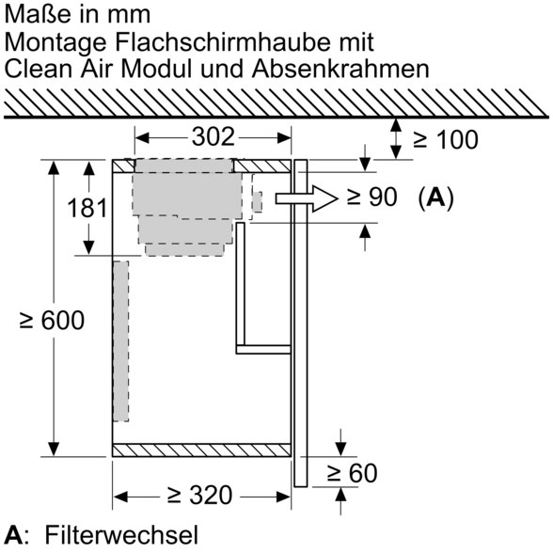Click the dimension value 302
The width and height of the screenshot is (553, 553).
(x=213, y=137)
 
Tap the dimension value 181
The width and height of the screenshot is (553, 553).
(x=87, y=208)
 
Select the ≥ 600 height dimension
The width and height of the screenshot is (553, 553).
(x=52, y=320)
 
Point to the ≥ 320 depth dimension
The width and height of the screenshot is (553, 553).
(x=199, y=495)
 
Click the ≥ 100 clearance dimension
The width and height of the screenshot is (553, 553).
(x=446, y=139)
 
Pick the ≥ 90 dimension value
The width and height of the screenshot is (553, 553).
(x=371, y=197)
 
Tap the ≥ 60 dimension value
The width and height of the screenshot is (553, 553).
(x=352, y=473)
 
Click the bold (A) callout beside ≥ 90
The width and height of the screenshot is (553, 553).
(x=436, y=197)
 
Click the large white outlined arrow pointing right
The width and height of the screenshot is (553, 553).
(x=306, y=198)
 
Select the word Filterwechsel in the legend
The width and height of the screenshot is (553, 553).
(x=121, y=535)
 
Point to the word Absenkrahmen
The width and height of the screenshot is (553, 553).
(x=340, y=69)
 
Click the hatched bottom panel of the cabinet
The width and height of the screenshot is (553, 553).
(x=201, y=450)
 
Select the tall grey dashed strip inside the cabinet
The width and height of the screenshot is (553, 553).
(x=120, y=341)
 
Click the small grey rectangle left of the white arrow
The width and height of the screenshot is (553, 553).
(x=258, y=201)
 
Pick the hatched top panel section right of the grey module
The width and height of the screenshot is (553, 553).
(x=261, y=166)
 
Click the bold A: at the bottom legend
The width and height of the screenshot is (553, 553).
(x=14, y=535)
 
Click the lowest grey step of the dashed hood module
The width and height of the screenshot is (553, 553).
(x=184, y=250)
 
